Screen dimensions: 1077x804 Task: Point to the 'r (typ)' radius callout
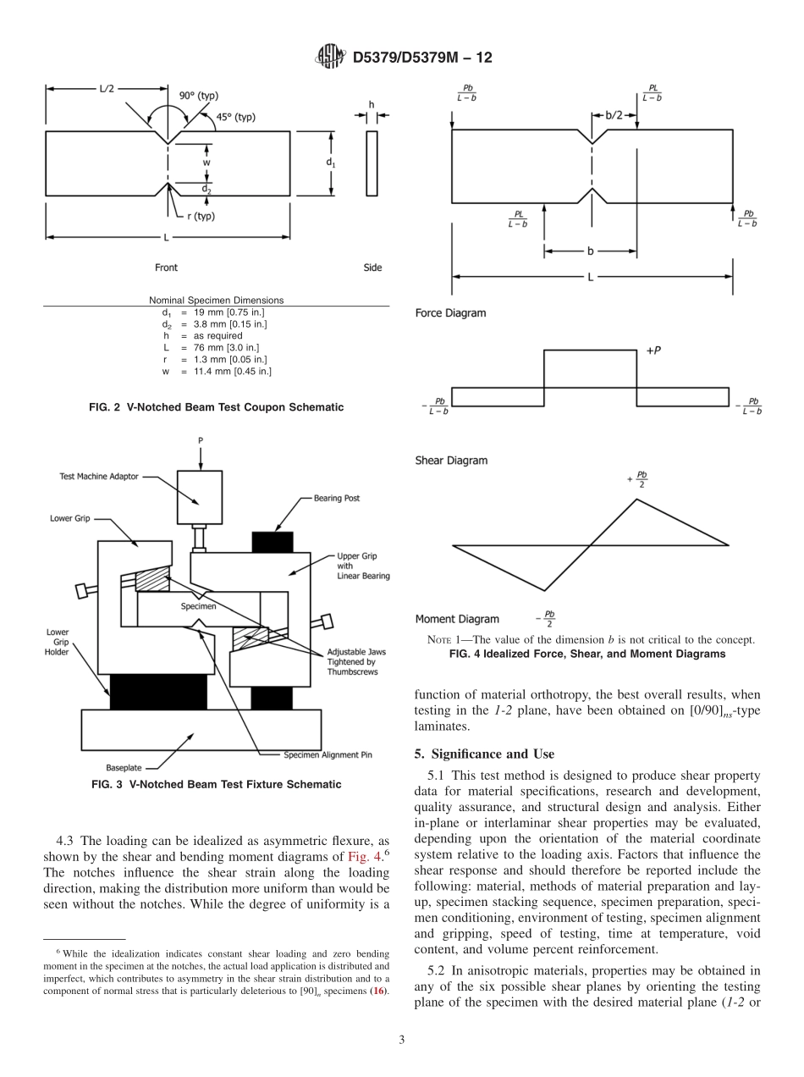[x=201, y=216]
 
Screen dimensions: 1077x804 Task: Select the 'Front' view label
[x=166, y=268]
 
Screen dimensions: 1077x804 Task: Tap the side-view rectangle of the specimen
[x=372, y=163]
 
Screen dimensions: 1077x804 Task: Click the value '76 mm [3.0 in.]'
[x=226, y=347]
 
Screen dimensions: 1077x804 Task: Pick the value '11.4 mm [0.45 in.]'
[x=232, y=371]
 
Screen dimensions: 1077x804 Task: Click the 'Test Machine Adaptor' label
[x=98, y=477]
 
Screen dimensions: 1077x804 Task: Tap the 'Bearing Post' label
[x=337, y=499]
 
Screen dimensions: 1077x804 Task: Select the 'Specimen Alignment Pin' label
[x=330, y=754]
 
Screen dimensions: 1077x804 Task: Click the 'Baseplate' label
[x=127, y=768]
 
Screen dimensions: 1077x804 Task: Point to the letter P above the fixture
[x=201, y=440]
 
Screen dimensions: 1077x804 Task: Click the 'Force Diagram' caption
[x=450, y=313]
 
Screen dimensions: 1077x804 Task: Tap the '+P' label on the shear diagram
[x=653, y=350]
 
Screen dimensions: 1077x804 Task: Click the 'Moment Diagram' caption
[x=457, y=619]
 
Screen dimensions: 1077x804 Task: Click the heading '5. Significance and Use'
[x=484, y=754]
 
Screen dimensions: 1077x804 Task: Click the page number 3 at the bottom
[x=401, y=1040]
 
